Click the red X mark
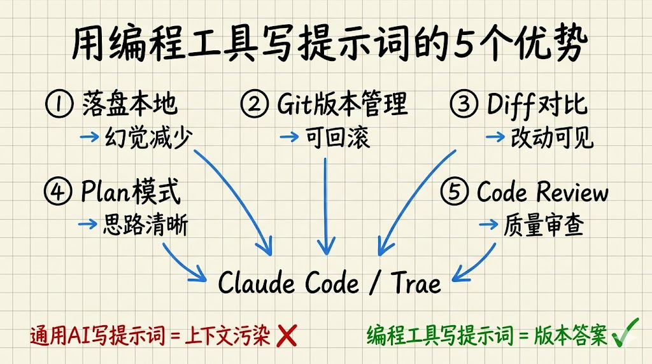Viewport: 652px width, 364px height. pos(288,336)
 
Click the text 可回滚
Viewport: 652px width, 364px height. pos(338,137)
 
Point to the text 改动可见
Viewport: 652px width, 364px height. pos(551,137)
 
